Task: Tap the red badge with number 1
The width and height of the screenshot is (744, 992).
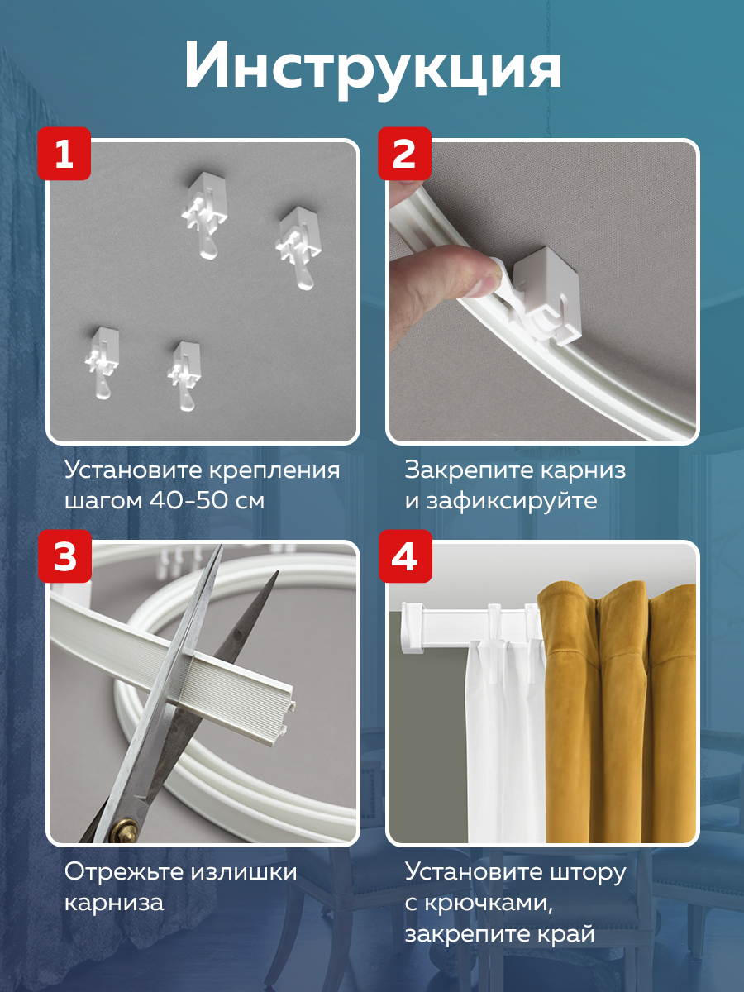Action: [x=64, y=154]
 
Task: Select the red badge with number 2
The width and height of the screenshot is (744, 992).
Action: [x=404, y=154]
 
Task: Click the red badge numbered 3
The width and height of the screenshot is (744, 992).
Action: [x=64, y=556]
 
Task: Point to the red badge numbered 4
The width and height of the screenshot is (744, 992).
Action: [x=404, y=556]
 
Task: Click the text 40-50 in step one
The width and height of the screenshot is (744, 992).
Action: [x=193, y=501]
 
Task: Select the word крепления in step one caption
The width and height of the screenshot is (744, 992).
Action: [x=274, y=471]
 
